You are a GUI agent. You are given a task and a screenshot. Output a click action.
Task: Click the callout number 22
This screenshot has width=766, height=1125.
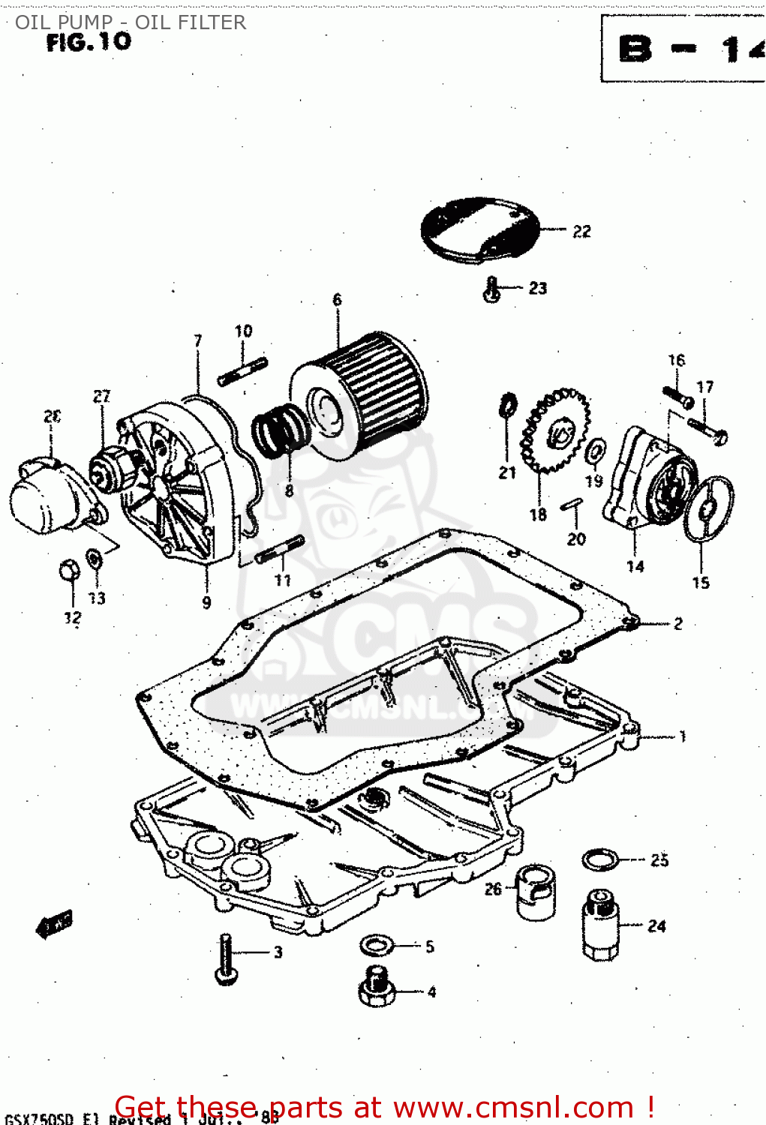click(x=581, y=232)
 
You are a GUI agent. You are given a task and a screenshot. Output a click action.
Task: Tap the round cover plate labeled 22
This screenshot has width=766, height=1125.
click(x=480, y=229)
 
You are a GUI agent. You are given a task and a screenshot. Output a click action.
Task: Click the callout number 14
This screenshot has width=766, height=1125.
click(x=635, y=566)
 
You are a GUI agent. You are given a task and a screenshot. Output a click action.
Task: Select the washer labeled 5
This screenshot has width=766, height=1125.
click(x=375, y=945)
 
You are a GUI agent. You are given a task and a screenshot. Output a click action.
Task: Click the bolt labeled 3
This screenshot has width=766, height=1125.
click(x=226, y=959)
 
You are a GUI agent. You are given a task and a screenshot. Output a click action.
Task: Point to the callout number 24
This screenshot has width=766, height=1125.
click(x=656, y=926)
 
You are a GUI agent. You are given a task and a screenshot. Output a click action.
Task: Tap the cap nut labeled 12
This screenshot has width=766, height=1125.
click(x=69, y=571)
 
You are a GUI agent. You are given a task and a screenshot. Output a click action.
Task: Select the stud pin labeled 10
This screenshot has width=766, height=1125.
click(x=243, y=372)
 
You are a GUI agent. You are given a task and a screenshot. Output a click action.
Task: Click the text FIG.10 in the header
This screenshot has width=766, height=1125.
click(x=89, y=42)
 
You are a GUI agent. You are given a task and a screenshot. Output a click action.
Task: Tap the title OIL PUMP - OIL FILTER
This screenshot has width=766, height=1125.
click(x=131, y=22)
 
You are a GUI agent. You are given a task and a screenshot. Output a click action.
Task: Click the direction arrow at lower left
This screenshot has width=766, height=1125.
click(x=54, y=924)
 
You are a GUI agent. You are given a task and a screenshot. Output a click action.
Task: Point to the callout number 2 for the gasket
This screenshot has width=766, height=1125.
click(x=677, y=623)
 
